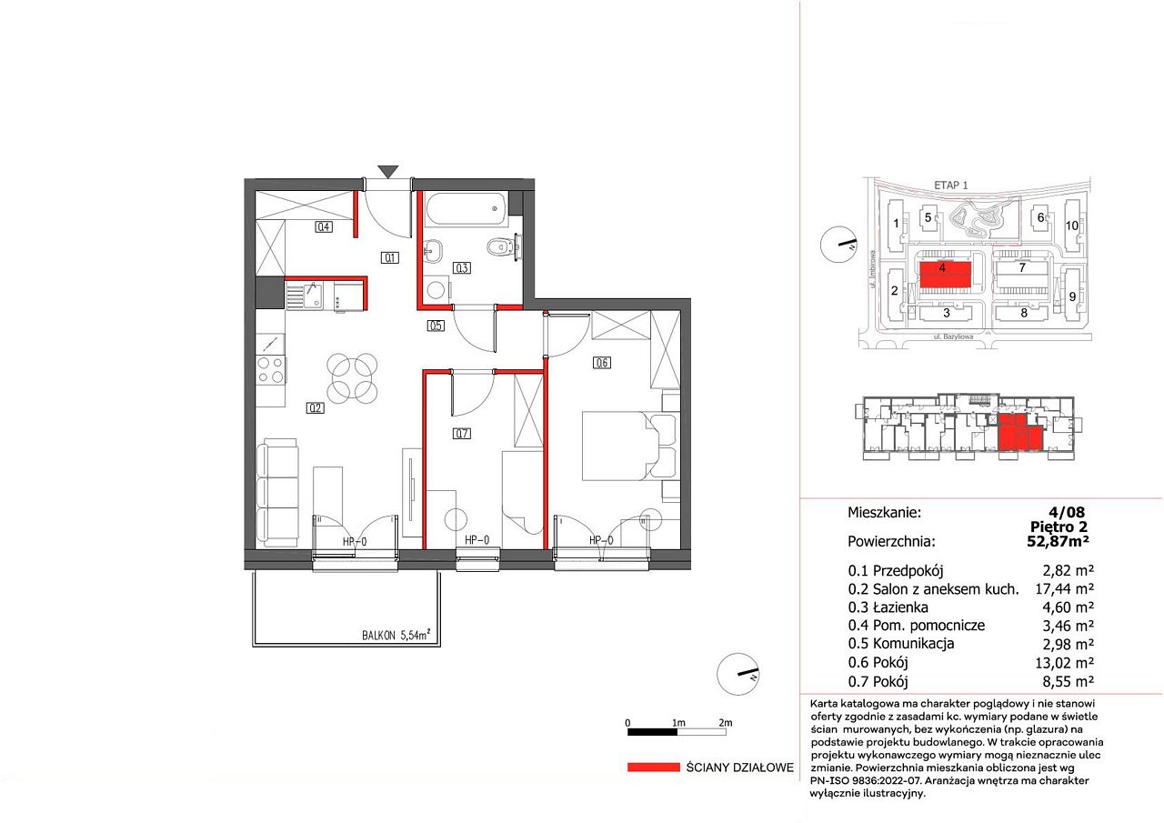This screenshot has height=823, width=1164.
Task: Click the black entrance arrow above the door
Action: click(x=388, y=172)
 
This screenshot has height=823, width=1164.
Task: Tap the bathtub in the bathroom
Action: click(x=467, y=209)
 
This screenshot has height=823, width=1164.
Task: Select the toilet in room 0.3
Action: click(x=499, y=247)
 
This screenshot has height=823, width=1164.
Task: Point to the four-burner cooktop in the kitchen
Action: click(x=271, y=370)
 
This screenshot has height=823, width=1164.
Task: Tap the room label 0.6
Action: click(x=602, y=363)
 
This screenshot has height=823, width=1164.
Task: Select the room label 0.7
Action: click(x=462, y=433)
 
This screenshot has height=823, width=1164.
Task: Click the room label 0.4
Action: click(x=324, y=226)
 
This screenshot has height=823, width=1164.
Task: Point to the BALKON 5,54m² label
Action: click(x=396, y=635)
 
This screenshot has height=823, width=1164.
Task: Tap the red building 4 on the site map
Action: click(x=945, y=275)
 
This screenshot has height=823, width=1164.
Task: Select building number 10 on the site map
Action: click(x=1072, y=226)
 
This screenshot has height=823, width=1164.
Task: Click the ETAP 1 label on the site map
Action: click(x=951, y=185)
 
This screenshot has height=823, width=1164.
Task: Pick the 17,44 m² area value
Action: click(x=1064, y=588)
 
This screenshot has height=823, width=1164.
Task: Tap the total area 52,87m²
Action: click(x=1058, y=541)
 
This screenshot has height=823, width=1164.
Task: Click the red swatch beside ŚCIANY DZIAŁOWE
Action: click(x=653, y=767)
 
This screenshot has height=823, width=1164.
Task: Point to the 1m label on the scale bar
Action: click(x=678, y=723)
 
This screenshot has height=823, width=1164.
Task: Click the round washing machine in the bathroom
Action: click(x=436, y=289)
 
